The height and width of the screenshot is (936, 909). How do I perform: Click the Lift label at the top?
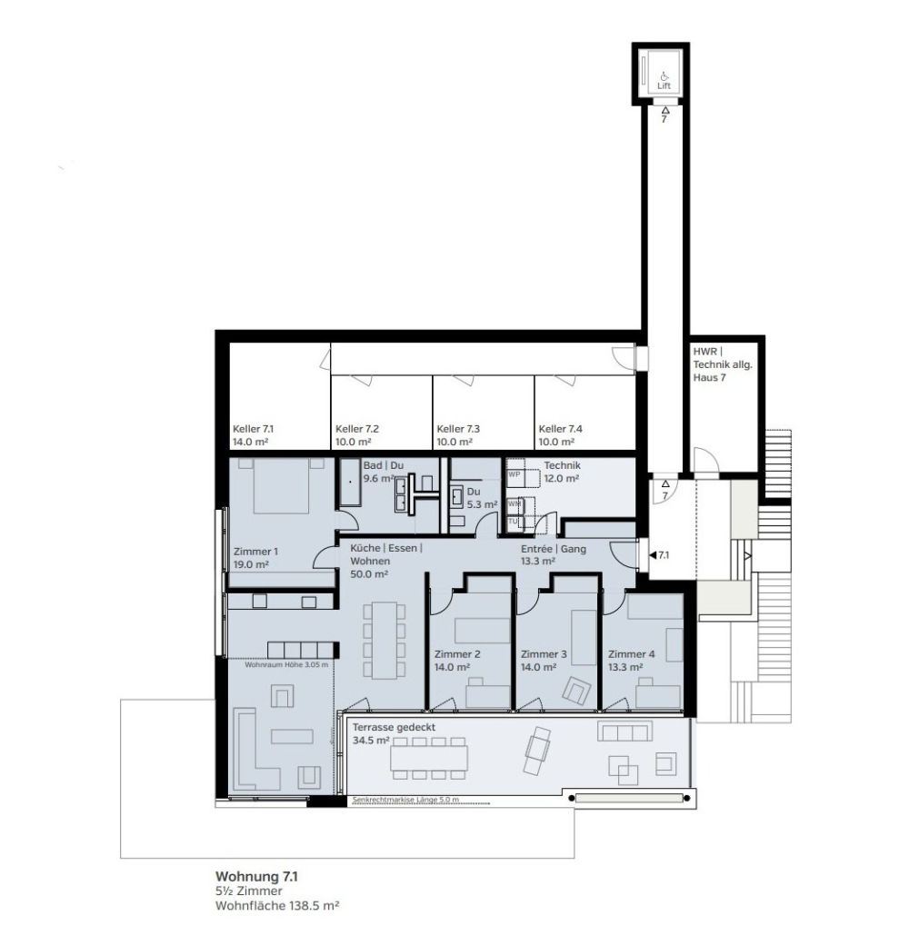pos(664,86)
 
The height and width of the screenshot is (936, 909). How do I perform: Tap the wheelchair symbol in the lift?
pos(664,75)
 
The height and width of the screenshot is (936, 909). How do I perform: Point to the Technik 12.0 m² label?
pos(562,472)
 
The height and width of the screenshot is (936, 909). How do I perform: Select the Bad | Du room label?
pos(383,465)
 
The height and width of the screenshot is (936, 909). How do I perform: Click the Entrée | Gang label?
pos(553,550)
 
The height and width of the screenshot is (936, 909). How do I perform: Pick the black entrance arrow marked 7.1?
pos(652,553)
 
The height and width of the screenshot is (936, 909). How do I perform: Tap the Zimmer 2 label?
pos(457,653)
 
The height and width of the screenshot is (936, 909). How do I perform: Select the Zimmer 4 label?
pos(631,653)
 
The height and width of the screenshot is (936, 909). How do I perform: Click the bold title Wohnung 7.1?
pos(256,876)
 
